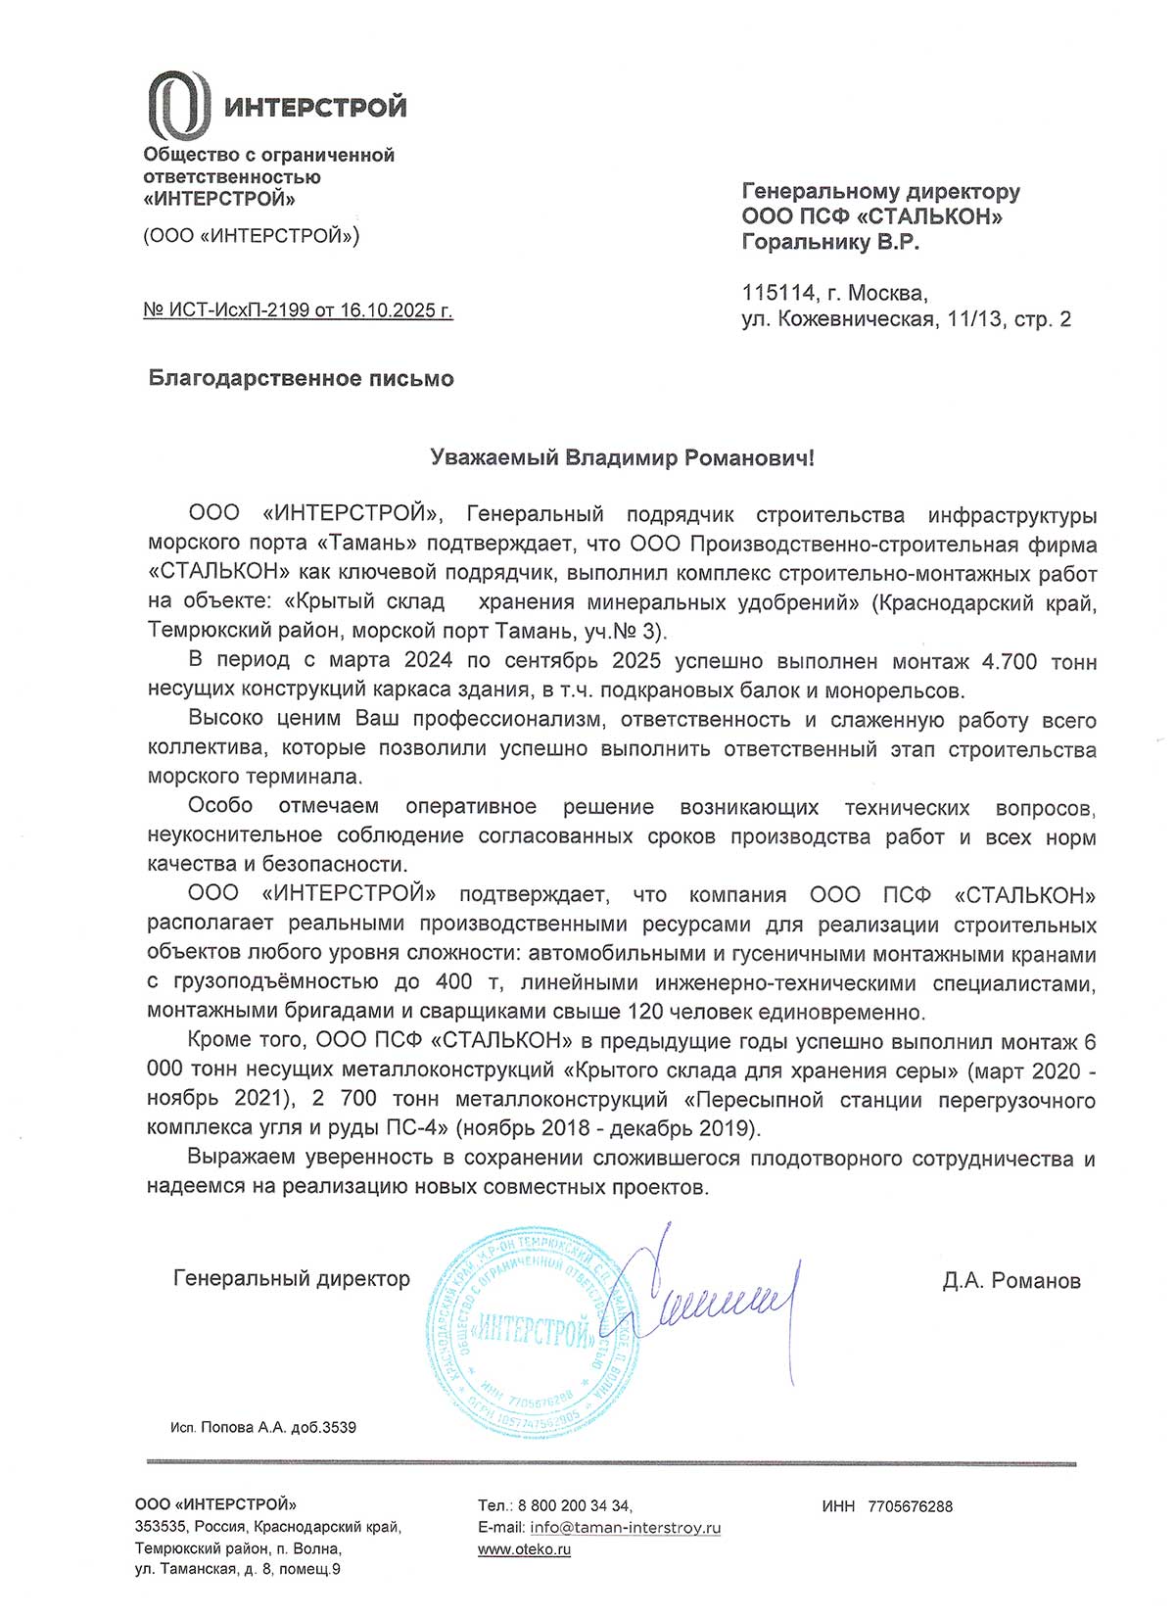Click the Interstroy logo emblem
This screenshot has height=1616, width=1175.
(178, 105)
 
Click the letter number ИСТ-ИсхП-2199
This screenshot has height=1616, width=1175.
(238, 310)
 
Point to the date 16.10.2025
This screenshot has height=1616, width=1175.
(388, 310)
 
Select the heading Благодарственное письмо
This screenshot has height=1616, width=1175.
(301, 379)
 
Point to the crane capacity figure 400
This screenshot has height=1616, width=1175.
(453, 982)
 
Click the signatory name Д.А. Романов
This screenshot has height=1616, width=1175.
(1011, 1281)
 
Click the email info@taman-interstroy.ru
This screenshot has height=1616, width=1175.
(625, 1528)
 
